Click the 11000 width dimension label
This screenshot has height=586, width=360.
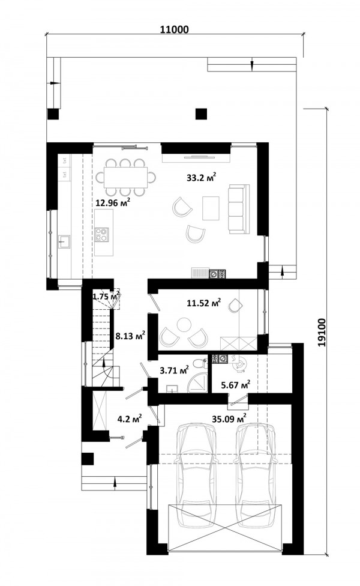pyautogui.click(x=175, y=29)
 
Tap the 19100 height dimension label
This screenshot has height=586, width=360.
pyautogui.click(x=322, y=332)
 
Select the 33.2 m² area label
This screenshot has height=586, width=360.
pyautogui.click(x=202, y=177)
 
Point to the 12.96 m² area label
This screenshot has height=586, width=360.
pyautogui.click(x=113, y=202)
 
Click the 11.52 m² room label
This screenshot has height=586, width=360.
pyautogui.click(x=204, y=301)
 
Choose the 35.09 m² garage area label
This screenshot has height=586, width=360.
pyautogui.click(x=229, y=418)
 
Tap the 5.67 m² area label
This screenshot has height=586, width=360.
pyautogui.click(x=235, y=384)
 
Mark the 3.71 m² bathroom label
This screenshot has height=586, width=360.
pyautogui.click(x=174, y=370)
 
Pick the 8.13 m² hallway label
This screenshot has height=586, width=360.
pyautogui.click(x=130, y=335)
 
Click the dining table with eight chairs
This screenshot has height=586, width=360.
pyautogui.click(x=125, y=177)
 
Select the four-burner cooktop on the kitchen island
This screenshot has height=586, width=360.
pyautogui.click(x=101, y=235)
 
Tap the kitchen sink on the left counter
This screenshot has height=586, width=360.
pyautogui.click(x=64, y=241)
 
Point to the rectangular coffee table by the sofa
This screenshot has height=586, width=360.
pyautogui.click(x=211, y=208)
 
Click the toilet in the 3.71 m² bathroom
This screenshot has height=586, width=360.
pyautogui.click(x=200, y=363)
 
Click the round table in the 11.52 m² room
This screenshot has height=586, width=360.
pyautogui.click(x=184, y=324)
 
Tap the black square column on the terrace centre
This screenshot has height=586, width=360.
pyautogui.click(x=201, y=113)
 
